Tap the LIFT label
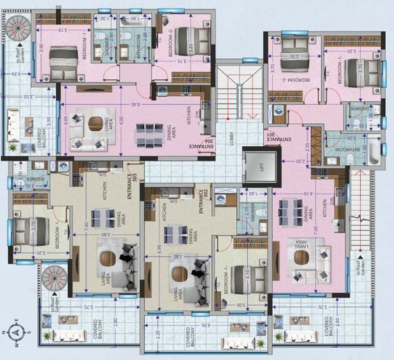click(x=261, y=166)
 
